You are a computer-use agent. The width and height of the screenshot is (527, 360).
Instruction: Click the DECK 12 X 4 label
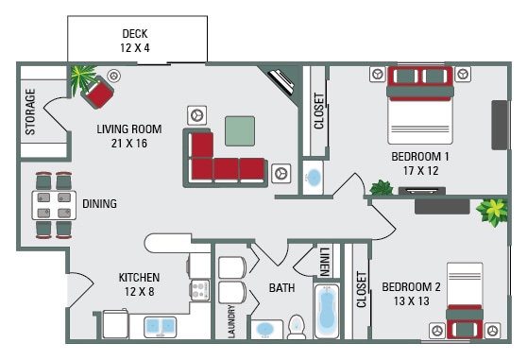coord(135,40)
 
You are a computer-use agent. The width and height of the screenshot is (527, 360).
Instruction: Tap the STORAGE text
coord(30,111)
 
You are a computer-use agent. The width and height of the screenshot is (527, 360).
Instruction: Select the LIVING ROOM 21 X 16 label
coord(128,136)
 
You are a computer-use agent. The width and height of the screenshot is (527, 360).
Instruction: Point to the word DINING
coord(99,203)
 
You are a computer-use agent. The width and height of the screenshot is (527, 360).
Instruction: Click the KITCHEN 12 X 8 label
coord(139,283)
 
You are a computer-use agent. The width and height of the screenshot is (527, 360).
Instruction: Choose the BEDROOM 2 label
coord(411,294)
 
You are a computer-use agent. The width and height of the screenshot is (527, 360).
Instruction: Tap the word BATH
coord(281,287)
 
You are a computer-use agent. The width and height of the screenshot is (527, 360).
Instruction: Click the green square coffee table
coord(240,130)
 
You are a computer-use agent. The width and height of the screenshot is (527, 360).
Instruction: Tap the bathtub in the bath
coord(328,311)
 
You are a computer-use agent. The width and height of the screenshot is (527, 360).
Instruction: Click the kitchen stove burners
coord(198,288)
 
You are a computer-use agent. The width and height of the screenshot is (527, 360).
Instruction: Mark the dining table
coord(54,204)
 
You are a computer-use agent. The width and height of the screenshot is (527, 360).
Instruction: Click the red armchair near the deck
coord(97,92)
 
